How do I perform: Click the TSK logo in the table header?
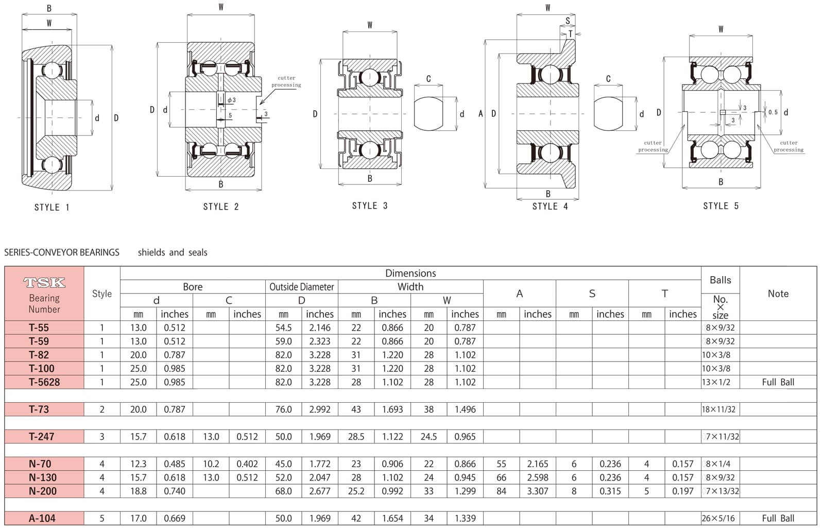(x=44, y=283)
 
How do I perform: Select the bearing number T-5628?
(x=44, y=382)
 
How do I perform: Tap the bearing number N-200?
(x=43, y=491)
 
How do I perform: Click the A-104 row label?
(x=42, y=518)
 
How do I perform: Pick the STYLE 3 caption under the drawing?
(x=370, y=205)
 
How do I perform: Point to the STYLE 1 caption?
(x=52, y=207)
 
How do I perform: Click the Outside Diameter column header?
(x=302, y=287)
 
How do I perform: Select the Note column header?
(x=778, y=293)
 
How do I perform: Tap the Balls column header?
(x=720, y=280)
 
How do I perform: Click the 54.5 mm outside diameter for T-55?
(x=283, y=328)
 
